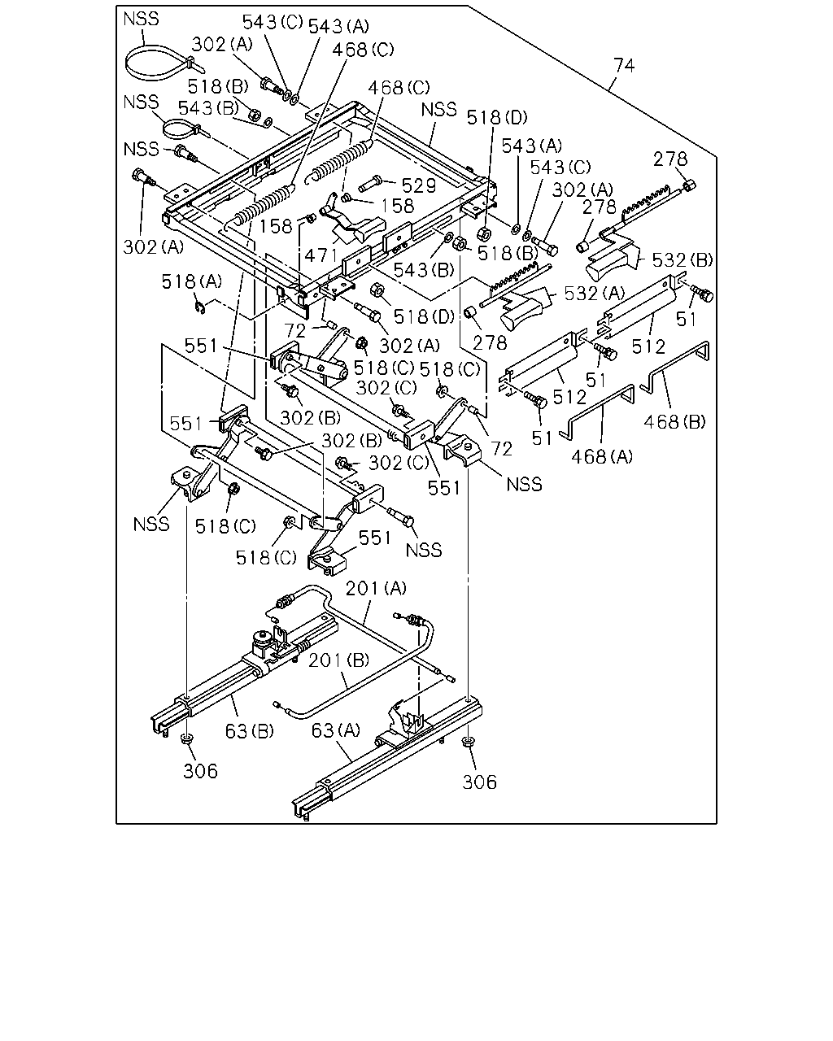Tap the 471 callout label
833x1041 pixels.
(321, 255)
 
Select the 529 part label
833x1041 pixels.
(419, 185)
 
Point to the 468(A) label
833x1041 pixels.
(602, 456)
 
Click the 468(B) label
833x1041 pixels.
(674, 422)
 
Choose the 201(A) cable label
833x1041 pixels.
(376, 588)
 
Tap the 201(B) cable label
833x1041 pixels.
(339, 660)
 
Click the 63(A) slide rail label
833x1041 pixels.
(335, 730)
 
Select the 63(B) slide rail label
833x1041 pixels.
(249, 731)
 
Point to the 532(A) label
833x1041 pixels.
(595, 294)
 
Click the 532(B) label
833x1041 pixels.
(683, 260)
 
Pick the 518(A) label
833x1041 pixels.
(192, 281)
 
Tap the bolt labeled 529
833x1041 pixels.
(370, 185)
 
